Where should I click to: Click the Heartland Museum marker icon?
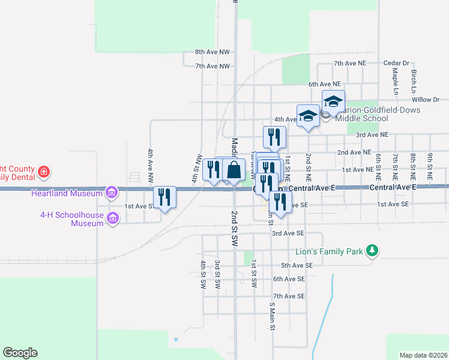(111, 193)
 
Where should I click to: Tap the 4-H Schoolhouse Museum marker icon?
(112, 219)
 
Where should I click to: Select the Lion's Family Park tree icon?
(373, 251)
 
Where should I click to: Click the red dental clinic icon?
(43, 173)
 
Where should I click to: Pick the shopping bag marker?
(234, 170)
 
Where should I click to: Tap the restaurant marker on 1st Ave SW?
(164, 197)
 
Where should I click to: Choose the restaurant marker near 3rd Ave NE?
(274, 137)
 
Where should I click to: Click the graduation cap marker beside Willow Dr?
(333, 101)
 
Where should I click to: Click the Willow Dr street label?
(426, 100)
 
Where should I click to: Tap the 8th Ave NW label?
(212, 52)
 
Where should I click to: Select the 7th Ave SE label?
(289, 296)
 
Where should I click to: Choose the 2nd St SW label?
(235, 227)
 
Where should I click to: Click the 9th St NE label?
(430, 166)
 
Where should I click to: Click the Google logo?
(20, 353)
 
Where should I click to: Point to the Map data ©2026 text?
(423, 355)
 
